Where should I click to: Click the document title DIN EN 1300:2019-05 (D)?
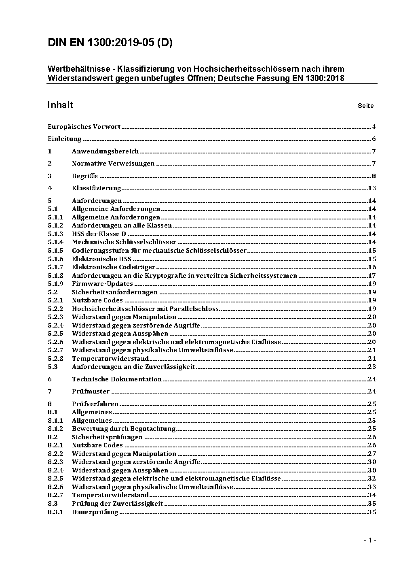(x=110, y=43)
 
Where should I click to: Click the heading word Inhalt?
(x=60, y=105)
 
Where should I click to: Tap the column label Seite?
(x=365, y=106)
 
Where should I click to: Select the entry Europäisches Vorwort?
(x=84, y=127)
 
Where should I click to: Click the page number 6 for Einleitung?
(x=374, y=139)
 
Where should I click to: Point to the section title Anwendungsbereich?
(x=105, y=151)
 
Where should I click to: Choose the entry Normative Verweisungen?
(x=113, y=164)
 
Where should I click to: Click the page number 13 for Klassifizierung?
(x=372, y=188)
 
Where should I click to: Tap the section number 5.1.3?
(x=55, y=234)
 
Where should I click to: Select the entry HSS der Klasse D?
(x=99, y=234)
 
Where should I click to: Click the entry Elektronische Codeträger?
(x=114, y=267)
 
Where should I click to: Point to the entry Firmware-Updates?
(x=102, y=284)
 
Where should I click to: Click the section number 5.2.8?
(x=55, y=359)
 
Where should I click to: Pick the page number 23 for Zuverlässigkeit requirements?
(x=372, y=367)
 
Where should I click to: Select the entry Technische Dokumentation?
(x=117, y=379)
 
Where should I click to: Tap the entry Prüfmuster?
(x=91, y=391)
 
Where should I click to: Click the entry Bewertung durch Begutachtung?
(x=124, y=429)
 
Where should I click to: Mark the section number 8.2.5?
(x=55, y=479)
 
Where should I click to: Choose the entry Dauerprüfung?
(x=95, y=512)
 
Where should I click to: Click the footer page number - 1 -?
(x=370, y=540)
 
